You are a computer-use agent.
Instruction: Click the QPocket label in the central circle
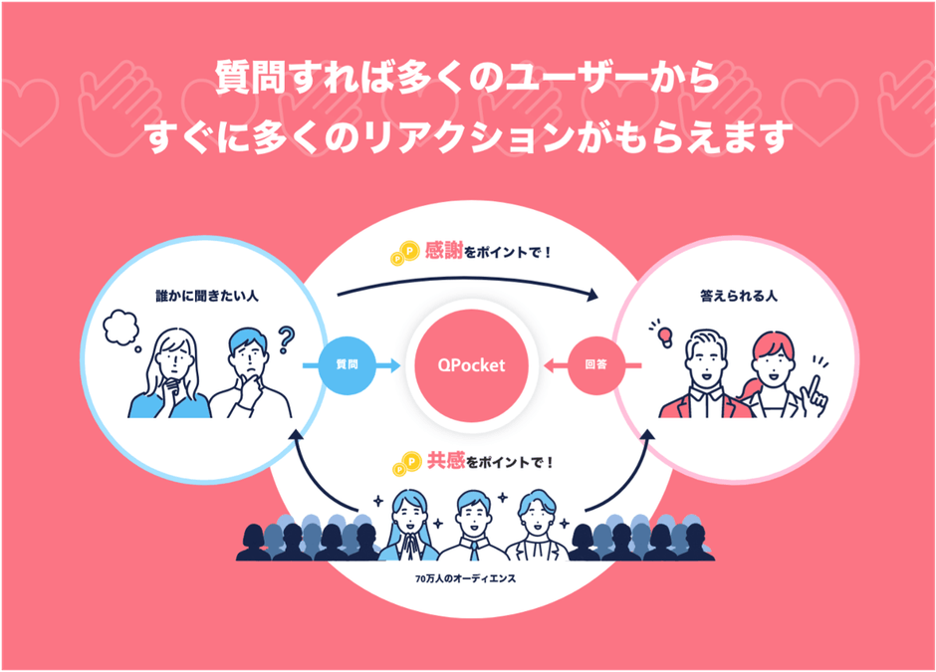coord(471,365)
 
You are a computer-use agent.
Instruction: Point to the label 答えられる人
coord(737,296)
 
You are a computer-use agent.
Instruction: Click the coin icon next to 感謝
coord(405,253)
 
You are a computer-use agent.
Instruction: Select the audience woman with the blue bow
coord(408,523)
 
